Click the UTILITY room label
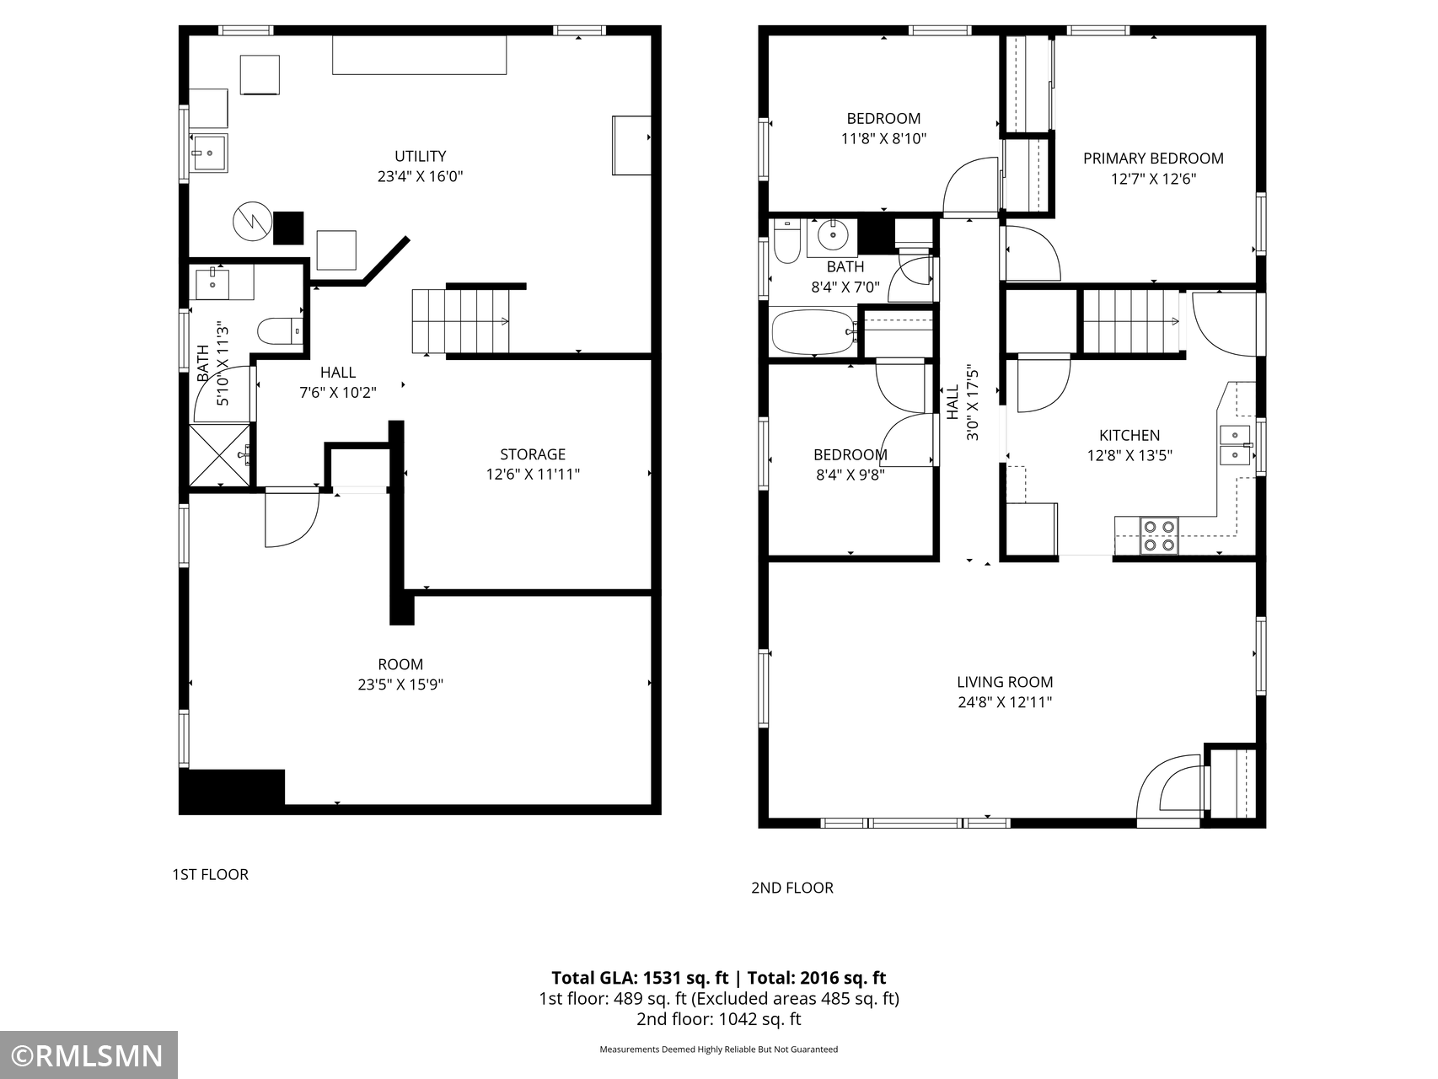[x=420, y=156]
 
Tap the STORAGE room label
[x=533, y=454]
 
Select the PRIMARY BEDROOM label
[x=1153, y=158]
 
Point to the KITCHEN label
[x=1129, y=436]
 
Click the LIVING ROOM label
[x=1005, y=682]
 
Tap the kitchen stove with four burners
[x=1159, y=535]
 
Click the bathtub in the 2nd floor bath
[x=814, y=332]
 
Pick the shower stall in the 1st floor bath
[x=220, y=455]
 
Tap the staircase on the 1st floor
[x=461, y=321]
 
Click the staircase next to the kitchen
[x=1130, y=321]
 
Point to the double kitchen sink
[x=1236, y=445]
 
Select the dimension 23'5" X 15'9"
[x=400, y=684]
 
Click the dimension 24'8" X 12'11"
[x=1005, y=702]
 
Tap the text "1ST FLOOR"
[x=210, y=874]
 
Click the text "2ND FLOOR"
[x=792, y=888]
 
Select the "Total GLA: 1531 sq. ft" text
[x=640, y=978]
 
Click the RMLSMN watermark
[x=89, y=1055]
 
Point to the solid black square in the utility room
[x=288, y=228]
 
